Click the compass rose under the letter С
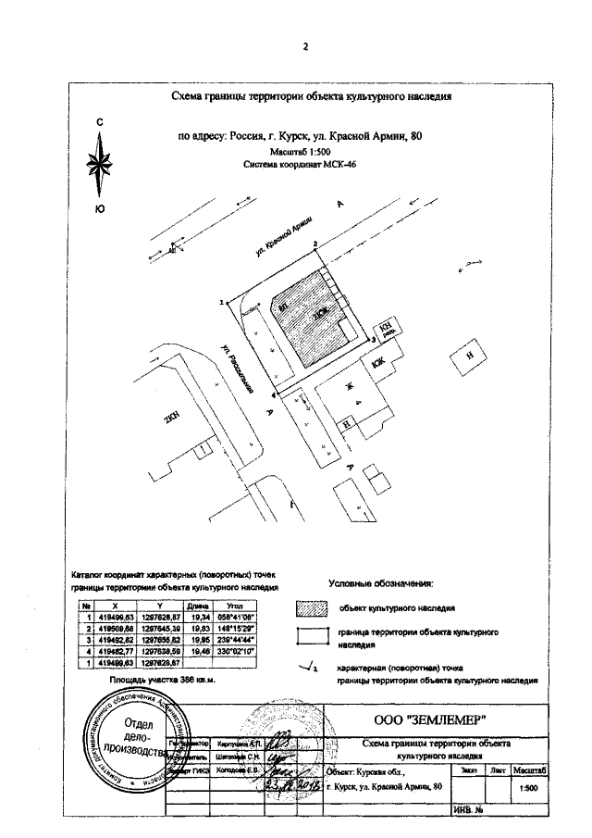point(100,167)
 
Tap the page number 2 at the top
point(304,47)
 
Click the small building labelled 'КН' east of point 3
point(384,329)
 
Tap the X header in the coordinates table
point(114,604)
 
